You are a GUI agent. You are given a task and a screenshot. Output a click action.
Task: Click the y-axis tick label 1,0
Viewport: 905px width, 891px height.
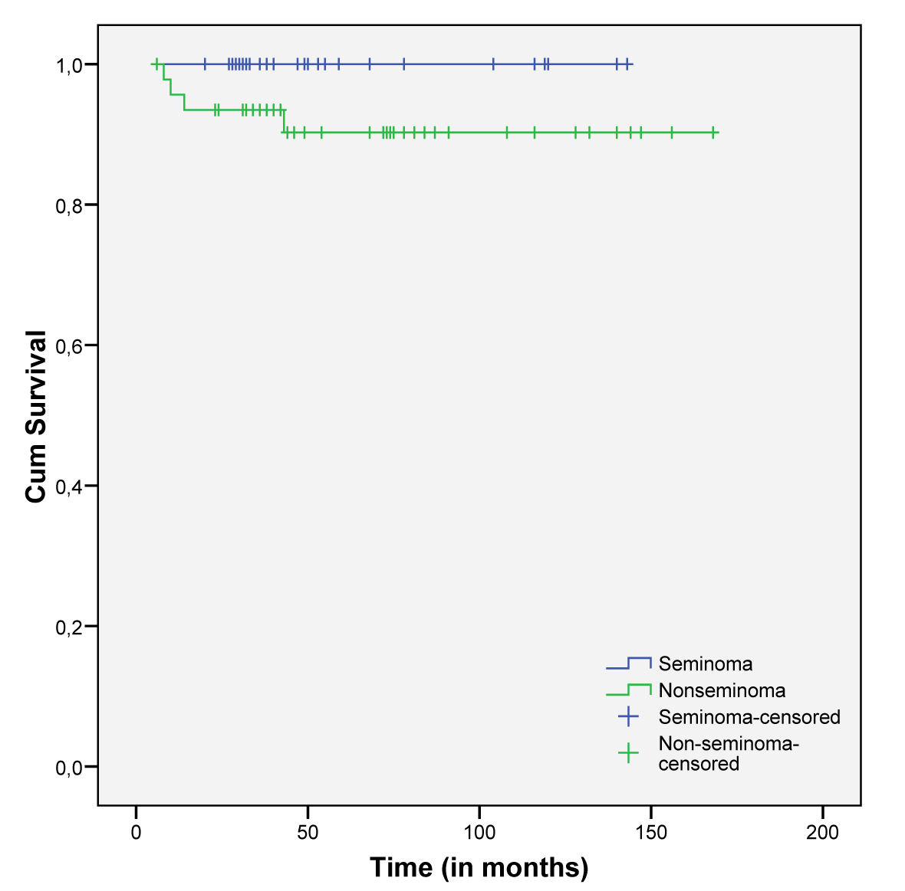(70, 65)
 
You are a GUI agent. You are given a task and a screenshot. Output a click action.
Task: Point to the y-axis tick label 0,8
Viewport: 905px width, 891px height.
(70, 205)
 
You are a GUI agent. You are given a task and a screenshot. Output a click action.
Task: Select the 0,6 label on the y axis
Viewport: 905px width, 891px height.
(70, 346)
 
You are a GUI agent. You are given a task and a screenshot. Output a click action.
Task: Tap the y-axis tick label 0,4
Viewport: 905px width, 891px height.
(70, 486)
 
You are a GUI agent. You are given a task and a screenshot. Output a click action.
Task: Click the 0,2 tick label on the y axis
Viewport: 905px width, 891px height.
(70, 627)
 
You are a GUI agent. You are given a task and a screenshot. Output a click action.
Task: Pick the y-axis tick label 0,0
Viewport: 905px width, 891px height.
(70, 767)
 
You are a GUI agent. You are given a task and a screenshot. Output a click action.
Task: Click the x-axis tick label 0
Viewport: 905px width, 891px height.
(136, 832)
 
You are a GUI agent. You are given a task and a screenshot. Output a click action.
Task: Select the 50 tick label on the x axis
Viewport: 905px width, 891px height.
(308, 832)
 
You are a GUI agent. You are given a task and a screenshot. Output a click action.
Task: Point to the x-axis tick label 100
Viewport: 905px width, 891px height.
(479, 832)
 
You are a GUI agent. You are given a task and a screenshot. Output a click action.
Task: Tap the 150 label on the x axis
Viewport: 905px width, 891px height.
(651, 832)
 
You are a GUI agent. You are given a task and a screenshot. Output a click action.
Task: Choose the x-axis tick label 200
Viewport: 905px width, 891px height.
(822, 832)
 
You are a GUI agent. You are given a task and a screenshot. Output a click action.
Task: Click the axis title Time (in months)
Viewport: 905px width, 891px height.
(479, 867)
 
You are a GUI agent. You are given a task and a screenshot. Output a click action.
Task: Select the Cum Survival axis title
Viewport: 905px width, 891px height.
(36, 417)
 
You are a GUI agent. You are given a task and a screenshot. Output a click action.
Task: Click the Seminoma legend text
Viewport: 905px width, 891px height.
(705, 664)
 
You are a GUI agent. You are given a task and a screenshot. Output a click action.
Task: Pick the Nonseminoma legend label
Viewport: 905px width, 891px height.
(722, 690)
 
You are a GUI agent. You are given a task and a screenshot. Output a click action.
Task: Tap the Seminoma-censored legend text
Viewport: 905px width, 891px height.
(749, 717)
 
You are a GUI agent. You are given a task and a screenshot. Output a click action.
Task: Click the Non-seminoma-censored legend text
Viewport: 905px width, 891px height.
(729, 753)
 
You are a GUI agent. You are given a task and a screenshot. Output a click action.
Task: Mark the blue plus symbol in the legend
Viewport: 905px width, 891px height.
(628, 717)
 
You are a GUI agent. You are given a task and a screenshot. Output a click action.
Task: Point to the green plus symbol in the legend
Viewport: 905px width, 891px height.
(628, 754)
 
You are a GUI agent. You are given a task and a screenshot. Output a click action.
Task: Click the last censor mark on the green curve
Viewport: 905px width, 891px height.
(713, 133)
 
